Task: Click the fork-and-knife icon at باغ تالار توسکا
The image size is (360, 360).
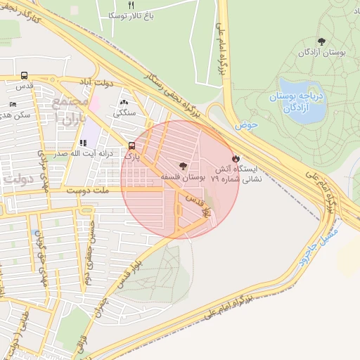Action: pos(130,4)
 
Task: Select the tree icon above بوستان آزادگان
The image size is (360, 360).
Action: pos(322,41)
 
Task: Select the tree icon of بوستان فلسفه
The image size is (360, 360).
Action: pos(184,167)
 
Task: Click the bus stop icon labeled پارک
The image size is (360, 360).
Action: pos(131,146)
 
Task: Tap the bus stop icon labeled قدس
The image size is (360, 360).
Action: pos(25,76)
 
